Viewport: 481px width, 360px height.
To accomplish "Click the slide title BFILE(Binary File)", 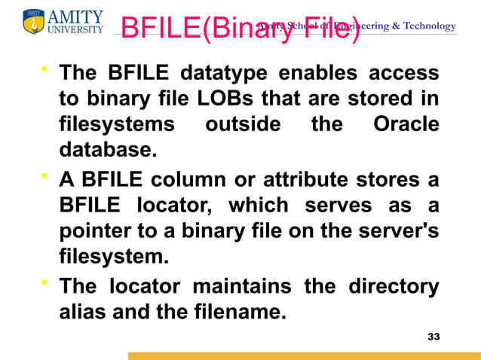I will point(240,28).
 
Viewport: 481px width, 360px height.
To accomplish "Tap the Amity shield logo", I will point(34,22).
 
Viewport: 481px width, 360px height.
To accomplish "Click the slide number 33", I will point(433,336).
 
